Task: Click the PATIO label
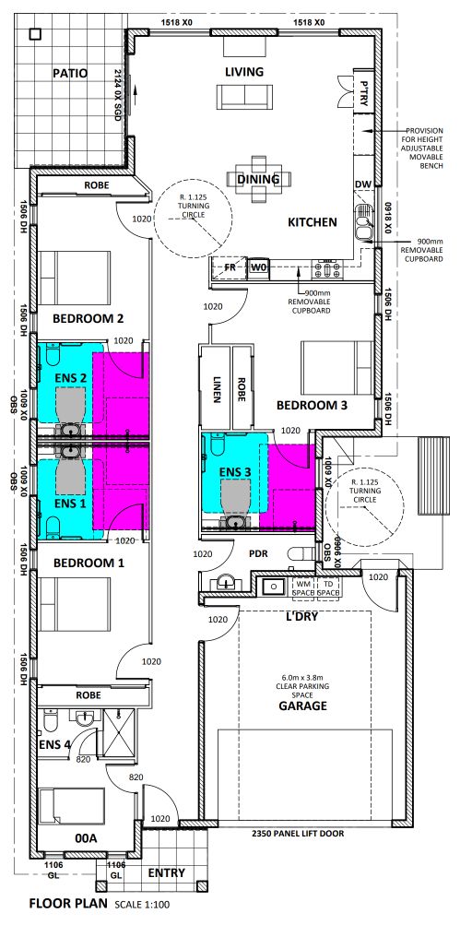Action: [70, 74]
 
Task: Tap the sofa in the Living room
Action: [244, 96]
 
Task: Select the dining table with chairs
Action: [259, 178]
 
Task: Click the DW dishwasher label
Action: [362, 185]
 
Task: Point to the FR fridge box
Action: [230, 267]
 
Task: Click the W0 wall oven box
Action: [258, 267]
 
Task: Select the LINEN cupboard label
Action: [217, 389]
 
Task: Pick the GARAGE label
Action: [303, 706]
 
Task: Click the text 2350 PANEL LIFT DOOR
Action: [298, 833]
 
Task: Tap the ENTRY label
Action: [167, 872]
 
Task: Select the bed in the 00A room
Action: [72, 807]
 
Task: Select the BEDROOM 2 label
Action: [88, 318]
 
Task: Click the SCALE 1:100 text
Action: [142, 905]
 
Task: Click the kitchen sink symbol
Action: [362, 222]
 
